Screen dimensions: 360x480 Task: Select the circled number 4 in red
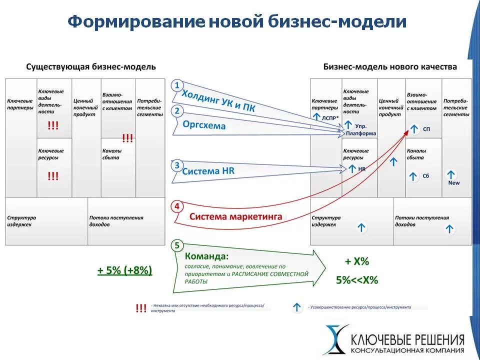pos(176,206)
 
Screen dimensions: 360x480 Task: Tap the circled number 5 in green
pos(176,245)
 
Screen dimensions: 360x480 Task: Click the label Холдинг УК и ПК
pos(218,101)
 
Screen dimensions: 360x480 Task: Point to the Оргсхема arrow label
pos(204,125)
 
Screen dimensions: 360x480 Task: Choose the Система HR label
pos(208,171)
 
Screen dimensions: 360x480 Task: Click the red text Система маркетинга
pos(236,217)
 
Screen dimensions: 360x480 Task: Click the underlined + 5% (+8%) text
pos(124,270)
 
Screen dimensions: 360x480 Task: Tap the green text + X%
pos(357,261)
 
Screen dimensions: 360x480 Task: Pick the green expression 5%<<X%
pos(357,280)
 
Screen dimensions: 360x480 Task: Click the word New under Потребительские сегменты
pos(453,183)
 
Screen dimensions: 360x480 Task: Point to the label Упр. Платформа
pos(361,130)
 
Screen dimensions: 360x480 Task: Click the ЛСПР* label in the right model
pos(330,118)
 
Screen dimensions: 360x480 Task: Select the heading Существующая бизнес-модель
pos(91,66)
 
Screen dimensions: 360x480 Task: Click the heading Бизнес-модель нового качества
pos(390,66)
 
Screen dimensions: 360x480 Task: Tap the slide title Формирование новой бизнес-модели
pos(237,22)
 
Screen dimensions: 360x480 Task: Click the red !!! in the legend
pos(141,308)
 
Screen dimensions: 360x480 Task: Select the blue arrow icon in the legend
pos(297,307)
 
